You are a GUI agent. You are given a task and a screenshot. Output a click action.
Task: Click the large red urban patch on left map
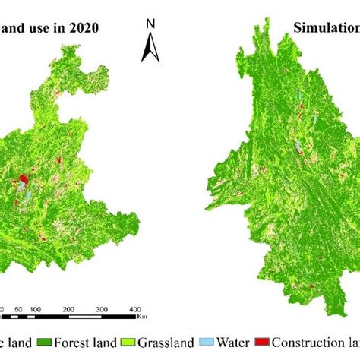click(23, 182)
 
